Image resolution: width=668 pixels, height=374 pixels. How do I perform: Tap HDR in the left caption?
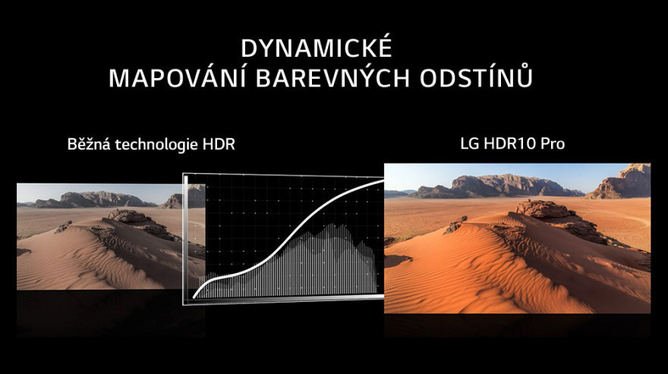pyautogui.click(x=219, y=144)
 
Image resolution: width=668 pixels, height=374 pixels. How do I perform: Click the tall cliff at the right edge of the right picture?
pyautogui.click(x=621, y=181)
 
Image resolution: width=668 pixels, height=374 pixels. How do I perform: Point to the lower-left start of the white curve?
pyautogui.click(x=194, y=297)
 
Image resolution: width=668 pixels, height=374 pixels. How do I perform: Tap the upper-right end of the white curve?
pyautogui.click(x=383, y=181)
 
